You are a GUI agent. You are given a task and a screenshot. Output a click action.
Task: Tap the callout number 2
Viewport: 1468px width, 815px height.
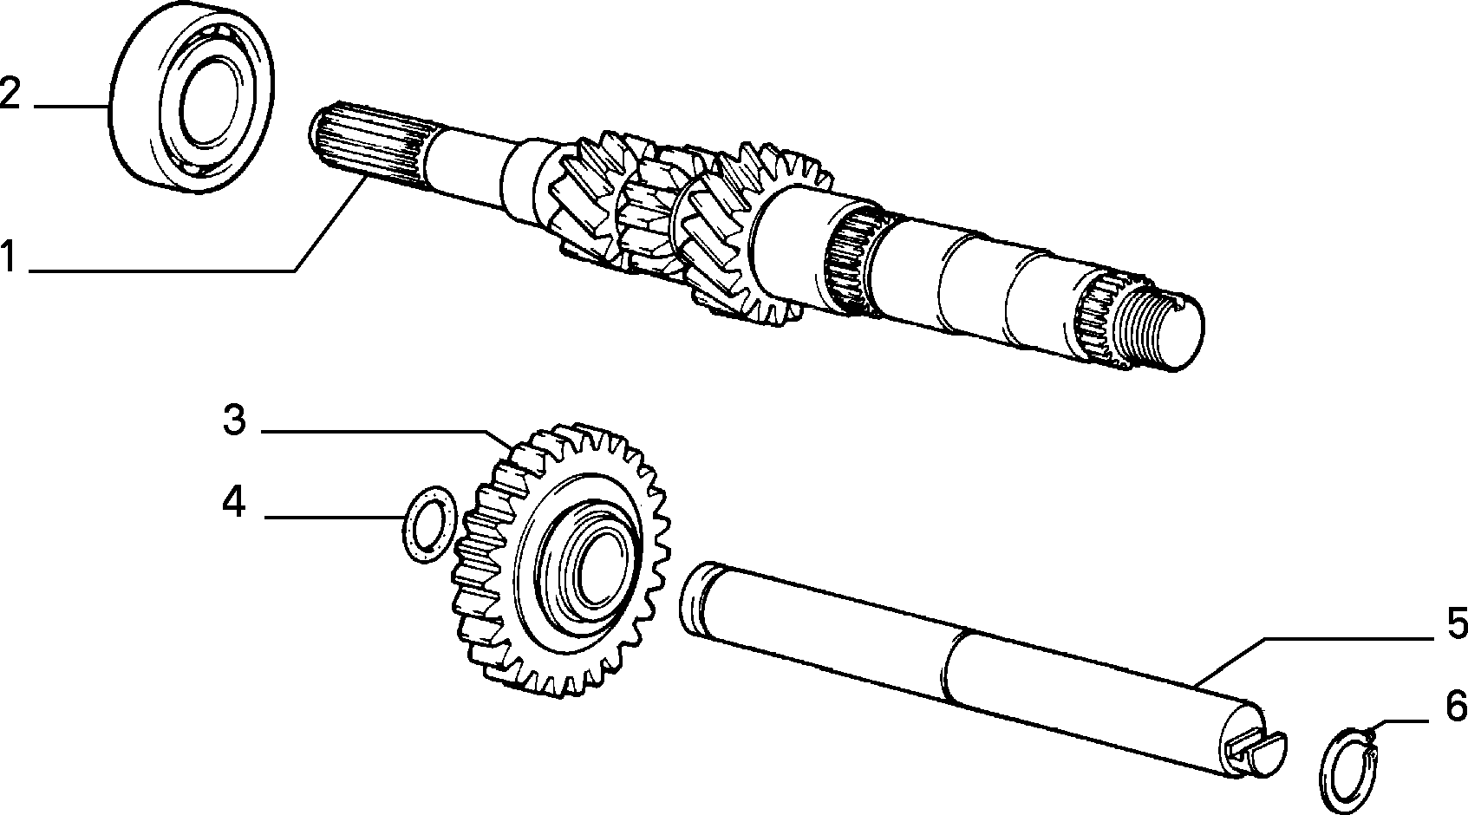10,93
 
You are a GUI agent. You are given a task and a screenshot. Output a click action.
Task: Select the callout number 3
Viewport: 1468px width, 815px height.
235,420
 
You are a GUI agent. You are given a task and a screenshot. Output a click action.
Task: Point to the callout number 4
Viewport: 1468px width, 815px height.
234,502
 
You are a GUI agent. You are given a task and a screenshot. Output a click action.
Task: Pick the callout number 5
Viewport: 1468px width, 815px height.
1457,623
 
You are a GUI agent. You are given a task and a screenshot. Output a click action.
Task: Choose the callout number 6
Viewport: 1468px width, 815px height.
1456,707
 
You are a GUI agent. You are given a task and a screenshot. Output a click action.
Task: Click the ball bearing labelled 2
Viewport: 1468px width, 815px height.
192,97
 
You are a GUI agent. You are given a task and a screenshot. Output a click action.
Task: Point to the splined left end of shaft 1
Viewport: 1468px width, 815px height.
367,144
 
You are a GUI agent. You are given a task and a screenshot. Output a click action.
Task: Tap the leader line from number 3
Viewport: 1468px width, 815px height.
387,431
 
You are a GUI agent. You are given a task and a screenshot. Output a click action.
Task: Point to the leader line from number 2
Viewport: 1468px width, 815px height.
71,106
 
